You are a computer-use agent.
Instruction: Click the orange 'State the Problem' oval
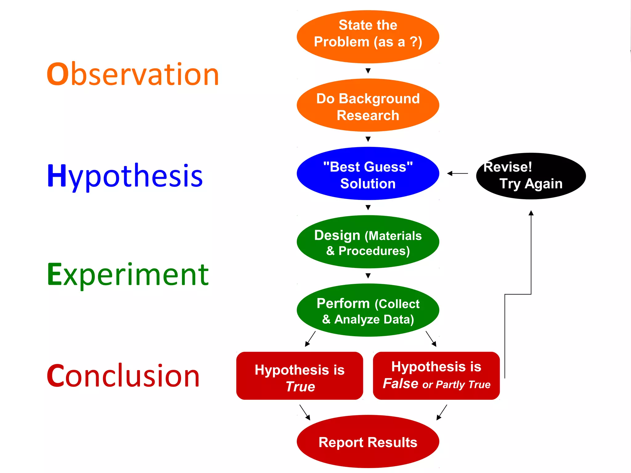click(x=368, y=37)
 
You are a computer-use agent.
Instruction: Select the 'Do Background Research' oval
click(x=368, y=105)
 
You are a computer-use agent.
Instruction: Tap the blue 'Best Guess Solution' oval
click(x=368, y=174)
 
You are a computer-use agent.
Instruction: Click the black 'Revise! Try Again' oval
click(x=531, y=176)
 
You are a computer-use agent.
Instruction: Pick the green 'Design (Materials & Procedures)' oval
click(x=368, y=242)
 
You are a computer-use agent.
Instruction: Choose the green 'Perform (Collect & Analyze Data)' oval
click(x=368, y=310)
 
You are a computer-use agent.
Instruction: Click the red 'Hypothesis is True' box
click(x=299, y=376)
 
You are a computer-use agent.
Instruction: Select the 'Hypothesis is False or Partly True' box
click(x=436, y=376)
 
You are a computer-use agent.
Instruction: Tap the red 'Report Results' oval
click(x=368, y=442)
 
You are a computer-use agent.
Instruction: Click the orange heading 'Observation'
click(x=133, y=74)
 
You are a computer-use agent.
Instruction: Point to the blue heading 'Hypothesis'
click(x=125, y=176)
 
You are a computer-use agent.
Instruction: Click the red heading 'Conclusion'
click(x=123, y=376)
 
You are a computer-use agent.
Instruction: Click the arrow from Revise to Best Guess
click(x=458, y=174)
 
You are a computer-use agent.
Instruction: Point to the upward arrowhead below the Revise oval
click(x=531, y=213)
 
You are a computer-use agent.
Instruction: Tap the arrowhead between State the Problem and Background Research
click(x=368, y=71)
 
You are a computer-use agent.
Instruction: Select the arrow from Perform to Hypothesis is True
click(x=310, y=339)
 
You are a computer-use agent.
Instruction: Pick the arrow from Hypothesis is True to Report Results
click(x=305, y=412)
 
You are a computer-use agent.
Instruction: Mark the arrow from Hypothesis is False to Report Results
click(x=442, y=412)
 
